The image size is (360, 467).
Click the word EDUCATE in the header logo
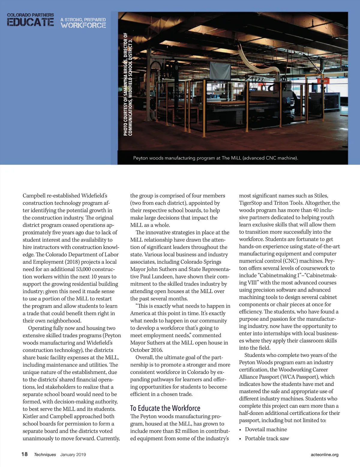coord(30,22)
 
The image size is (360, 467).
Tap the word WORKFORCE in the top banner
coord(83,25)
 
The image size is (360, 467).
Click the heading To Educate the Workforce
coord(165,408)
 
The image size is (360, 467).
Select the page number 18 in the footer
coord(24,454)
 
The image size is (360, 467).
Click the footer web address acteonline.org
coord(325,454)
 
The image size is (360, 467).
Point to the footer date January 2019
coord(73,454)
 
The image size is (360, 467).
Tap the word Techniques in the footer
coord(45,454)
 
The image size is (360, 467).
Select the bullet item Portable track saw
coord(267,438)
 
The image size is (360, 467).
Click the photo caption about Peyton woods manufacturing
coord(215,158)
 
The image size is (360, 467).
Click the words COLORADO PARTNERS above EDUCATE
coord(30,15)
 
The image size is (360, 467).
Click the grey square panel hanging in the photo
coord(220,70)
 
